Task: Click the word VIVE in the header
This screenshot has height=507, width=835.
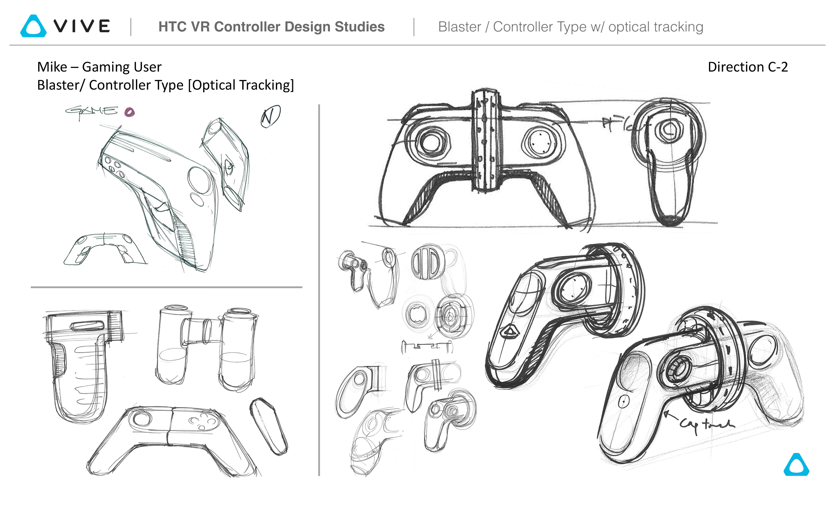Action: coord(82,26)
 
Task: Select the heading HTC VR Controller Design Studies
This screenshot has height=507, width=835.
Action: coord(271,27)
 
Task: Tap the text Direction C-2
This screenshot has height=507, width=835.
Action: coord(748,67)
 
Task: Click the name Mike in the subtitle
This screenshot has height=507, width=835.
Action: coord(52,67)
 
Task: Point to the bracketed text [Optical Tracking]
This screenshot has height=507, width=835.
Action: coord(241,85)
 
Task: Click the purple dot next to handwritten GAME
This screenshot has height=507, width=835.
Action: coord(130,112)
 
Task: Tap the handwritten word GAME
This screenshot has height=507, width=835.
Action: coord(92,111)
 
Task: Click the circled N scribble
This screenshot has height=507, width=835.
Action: coord(270,116)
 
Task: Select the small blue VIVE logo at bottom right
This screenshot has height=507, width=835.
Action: coord(796,465)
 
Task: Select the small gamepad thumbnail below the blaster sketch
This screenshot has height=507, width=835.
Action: coord(105,249)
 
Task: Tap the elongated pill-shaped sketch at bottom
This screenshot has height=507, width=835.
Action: coord(269,426)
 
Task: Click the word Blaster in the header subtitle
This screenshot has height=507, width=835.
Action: coord(459,27)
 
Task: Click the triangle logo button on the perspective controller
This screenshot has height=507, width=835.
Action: coord(509,332)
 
